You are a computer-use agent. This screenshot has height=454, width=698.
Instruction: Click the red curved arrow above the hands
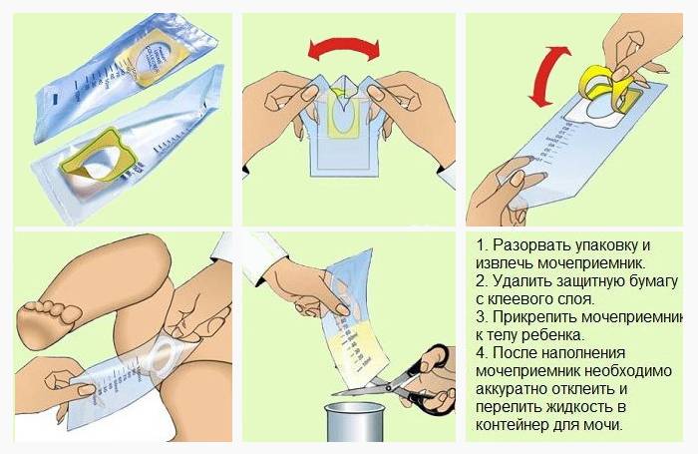(344, 44)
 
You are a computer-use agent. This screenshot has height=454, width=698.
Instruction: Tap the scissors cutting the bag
(401, 381)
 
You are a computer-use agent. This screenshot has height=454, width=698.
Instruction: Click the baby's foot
(49, 320)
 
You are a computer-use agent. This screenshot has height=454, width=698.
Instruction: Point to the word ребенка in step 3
(554, 335)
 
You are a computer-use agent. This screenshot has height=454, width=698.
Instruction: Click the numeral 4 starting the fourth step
(481, 353)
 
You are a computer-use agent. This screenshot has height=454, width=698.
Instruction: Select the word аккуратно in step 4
(512, 389)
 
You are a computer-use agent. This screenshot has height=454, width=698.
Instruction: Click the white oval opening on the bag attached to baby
(163, 351)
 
